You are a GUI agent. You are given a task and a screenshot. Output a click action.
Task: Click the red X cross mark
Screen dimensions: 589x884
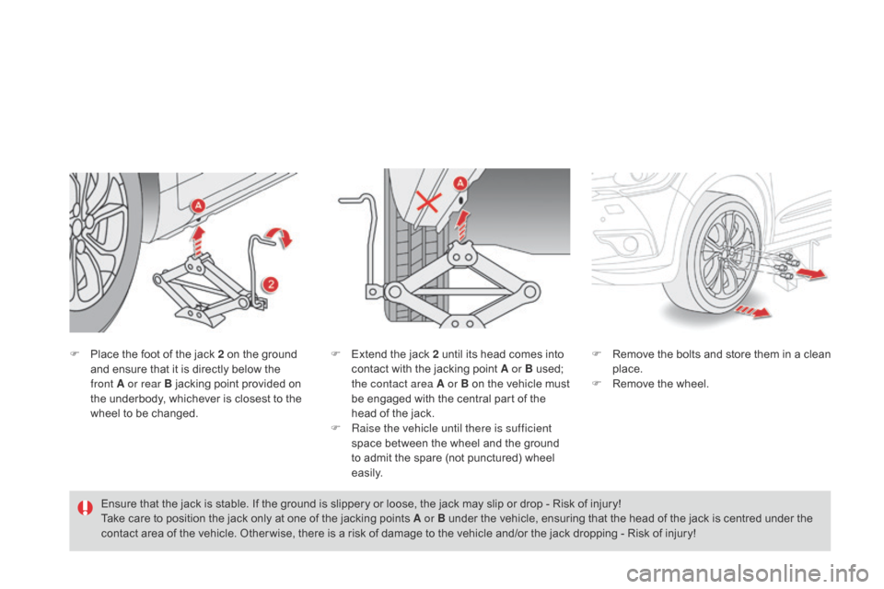point(425,202)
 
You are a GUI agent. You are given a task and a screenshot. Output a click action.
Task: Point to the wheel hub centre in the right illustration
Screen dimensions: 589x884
point(728,254)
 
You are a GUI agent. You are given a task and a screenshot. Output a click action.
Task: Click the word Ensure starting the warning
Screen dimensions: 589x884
point(119,503)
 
